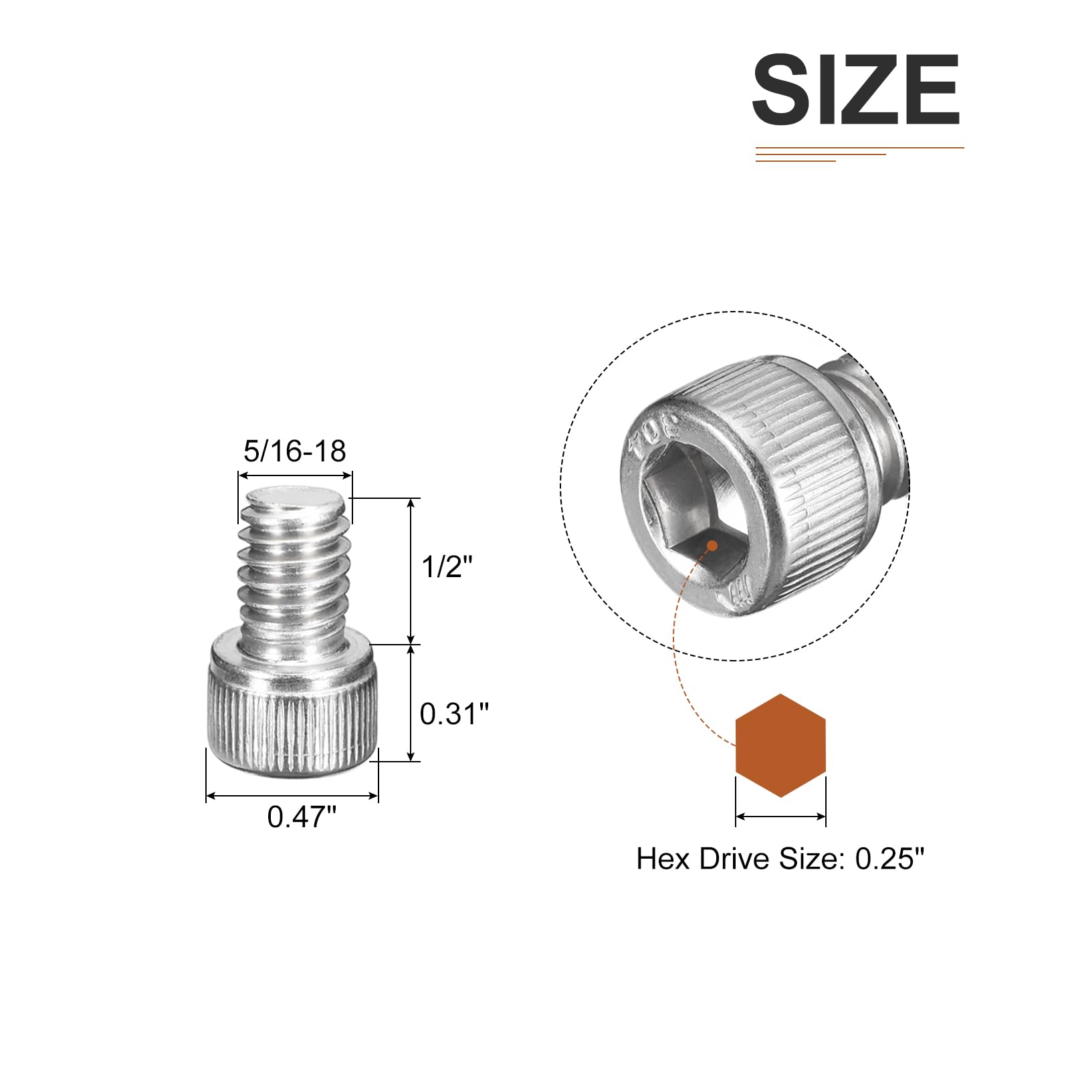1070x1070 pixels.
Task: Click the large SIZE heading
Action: [x=856, y=90]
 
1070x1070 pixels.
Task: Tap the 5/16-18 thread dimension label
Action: [x=295, y=451]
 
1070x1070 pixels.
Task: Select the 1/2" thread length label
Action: [x=447, y=567]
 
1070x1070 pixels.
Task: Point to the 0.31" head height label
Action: [x=454, y=714]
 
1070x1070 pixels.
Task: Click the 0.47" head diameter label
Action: [x=302, y=817]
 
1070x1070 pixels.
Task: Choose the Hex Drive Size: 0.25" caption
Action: [x=780, y=859]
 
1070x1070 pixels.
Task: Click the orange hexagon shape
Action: [x=780, y=746]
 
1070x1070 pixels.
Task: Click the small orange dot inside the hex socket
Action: [x=712, y=546]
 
